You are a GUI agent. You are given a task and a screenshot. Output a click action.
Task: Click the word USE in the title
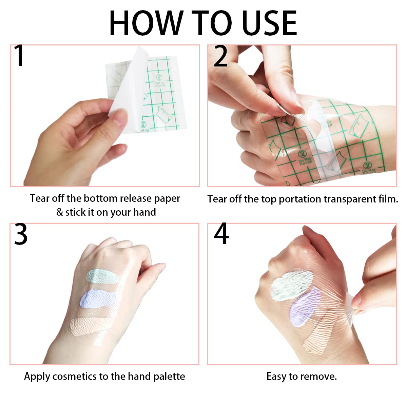(269, 23)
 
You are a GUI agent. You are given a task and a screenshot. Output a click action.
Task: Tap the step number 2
(221, 56)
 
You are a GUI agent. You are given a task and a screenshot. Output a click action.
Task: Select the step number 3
(21, 234)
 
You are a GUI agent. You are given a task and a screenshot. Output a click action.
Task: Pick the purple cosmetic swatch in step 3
(99, 299)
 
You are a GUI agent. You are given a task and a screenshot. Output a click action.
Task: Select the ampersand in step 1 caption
(60, 212)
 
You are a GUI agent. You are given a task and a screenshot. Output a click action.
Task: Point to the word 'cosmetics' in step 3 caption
(75, 376)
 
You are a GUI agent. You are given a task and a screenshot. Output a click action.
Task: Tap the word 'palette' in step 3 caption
(169, 376)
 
